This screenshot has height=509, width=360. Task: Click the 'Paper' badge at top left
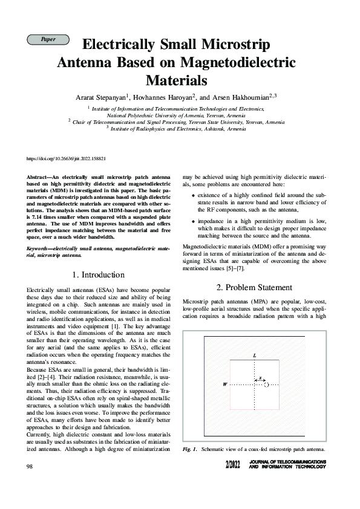[48, 39]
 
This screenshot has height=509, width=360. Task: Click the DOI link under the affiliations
[67, 158]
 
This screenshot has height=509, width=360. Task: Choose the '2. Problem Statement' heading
[254, 287]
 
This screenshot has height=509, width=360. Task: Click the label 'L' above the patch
[254, 356]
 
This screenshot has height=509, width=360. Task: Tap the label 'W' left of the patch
[225, 384]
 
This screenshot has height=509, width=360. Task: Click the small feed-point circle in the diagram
[267, 384]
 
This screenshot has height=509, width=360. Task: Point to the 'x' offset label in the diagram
[260, 378]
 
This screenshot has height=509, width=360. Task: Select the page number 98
[30, 466]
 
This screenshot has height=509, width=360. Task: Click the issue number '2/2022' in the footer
[232, 465]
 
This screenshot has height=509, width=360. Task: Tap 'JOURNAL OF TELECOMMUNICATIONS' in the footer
[287, 462]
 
